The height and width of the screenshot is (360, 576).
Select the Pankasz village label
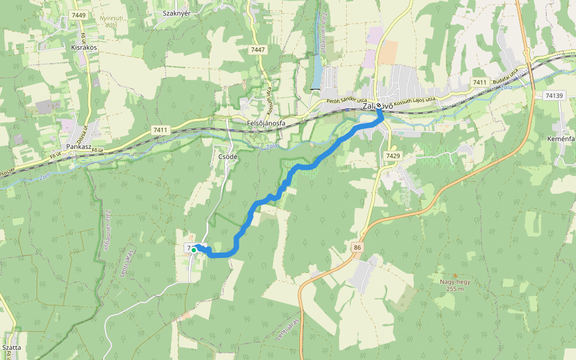click(79, 146)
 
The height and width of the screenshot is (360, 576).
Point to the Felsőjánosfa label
click(266, 124)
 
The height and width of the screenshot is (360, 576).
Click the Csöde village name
click(225, 157)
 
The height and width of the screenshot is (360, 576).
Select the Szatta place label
click(11, 347)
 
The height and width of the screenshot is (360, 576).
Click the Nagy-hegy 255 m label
click(455, 284)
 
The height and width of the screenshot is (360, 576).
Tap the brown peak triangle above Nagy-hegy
click(455, 275)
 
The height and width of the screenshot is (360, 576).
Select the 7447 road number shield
click(258, 50)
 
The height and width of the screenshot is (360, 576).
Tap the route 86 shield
click(358, 247)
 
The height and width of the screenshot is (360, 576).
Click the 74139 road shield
click(555, 95)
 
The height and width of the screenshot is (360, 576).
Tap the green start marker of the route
click(194, 250)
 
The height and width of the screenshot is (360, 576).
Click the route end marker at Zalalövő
click(379, 106)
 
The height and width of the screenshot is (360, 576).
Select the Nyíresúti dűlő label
click(113, 22)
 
